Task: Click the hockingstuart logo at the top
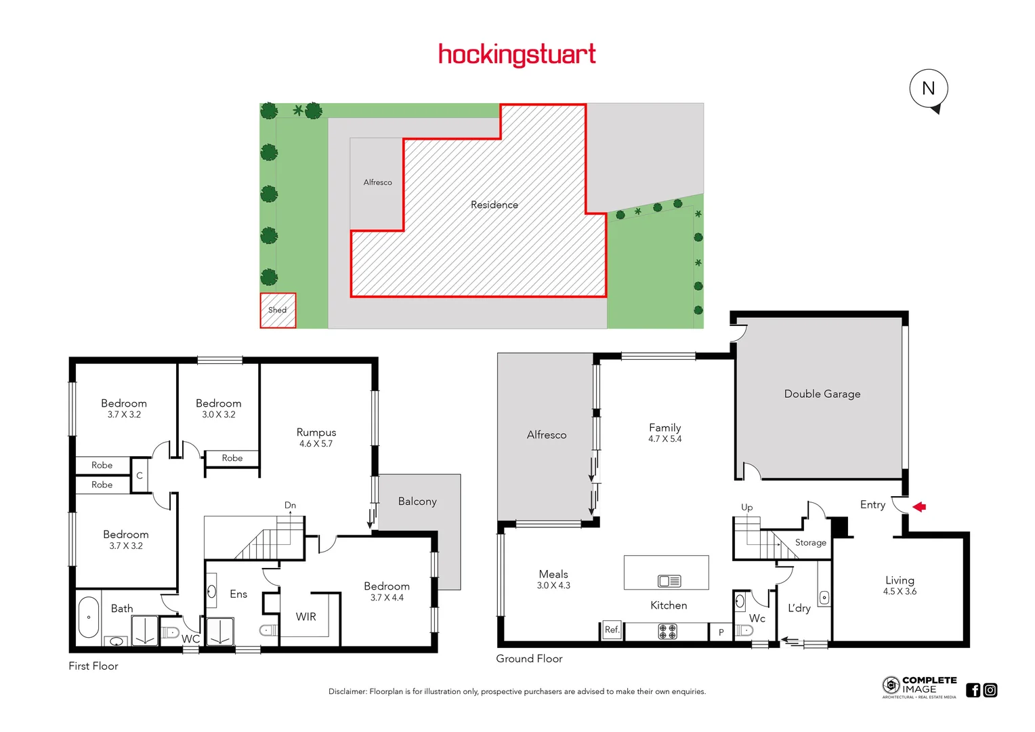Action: pos(517,54)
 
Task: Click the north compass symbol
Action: pos(928,89)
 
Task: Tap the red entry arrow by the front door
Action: pos(919,506)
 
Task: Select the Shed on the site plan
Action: pos(278,310)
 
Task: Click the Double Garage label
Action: pos(822,394)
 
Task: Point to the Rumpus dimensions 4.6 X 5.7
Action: pos(316,444)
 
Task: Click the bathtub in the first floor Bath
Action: pos(89,617)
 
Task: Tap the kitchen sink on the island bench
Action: pos(669,581)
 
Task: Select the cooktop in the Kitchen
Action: pos(667,632)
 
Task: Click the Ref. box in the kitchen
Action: pos(612,630)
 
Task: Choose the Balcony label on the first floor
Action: pos(417,502)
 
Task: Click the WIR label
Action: pos(305,617)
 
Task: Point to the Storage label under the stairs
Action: pos(810,543)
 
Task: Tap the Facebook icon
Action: pos(973,690)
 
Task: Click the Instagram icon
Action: pos(990,690)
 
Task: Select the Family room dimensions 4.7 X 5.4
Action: pos(664,439)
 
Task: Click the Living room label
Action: pos(900,580)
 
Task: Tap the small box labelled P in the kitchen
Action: pos(721,632)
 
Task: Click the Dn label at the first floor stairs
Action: pos(290,505)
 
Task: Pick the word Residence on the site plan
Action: pos(494,205)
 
